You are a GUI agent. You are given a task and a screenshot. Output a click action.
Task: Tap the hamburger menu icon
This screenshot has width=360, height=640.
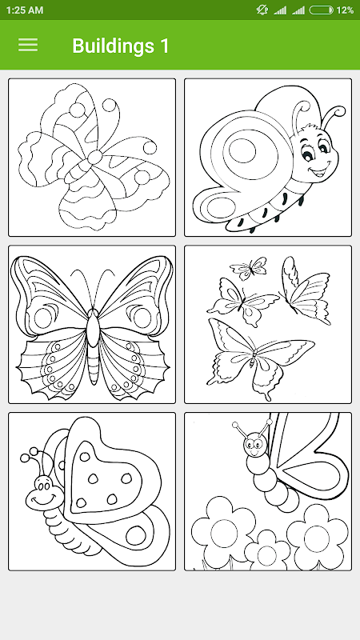(28, 45)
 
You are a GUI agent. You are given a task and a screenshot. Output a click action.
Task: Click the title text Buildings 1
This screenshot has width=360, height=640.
(121, 46)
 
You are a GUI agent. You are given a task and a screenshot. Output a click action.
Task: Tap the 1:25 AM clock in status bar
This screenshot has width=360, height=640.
(25, 10)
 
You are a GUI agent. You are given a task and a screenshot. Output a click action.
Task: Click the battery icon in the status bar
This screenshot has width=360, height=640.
(322, 10)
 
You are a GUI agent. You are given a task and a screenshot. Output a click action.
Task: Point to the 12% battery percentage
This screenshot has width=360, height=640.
(345, 10)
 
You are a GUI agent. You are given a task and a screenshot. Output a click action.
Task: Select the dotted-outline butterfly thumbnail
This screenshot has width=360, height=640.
(92, 158)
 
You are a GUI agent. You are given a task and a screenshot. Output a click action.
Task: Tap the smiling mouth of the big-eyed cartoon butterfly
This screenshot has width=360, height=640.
(322, 170)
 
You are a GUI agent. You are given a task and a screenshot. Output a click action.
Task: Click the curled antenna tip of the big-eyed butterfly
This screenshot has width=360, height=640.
(340, 110)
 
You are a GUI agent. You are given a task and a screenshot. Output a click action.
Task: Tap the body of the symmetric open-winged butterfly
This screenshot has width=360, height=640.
(93, 346)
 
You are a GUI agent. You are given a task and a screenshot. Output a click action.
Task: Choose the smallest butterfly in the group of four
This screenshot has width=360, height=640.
(248, 268)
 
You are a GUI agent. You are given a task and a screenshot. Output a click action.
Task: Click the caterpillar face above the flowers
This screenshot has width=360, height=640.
(255, 445)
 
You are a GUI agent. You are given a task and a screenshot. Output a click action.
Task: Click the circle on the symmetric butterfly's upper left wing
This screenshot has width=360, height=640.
(43, 318)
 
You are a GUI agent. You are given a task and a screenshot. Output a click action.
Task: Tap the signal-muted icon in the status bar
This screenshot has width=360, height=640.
(262, 10)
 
